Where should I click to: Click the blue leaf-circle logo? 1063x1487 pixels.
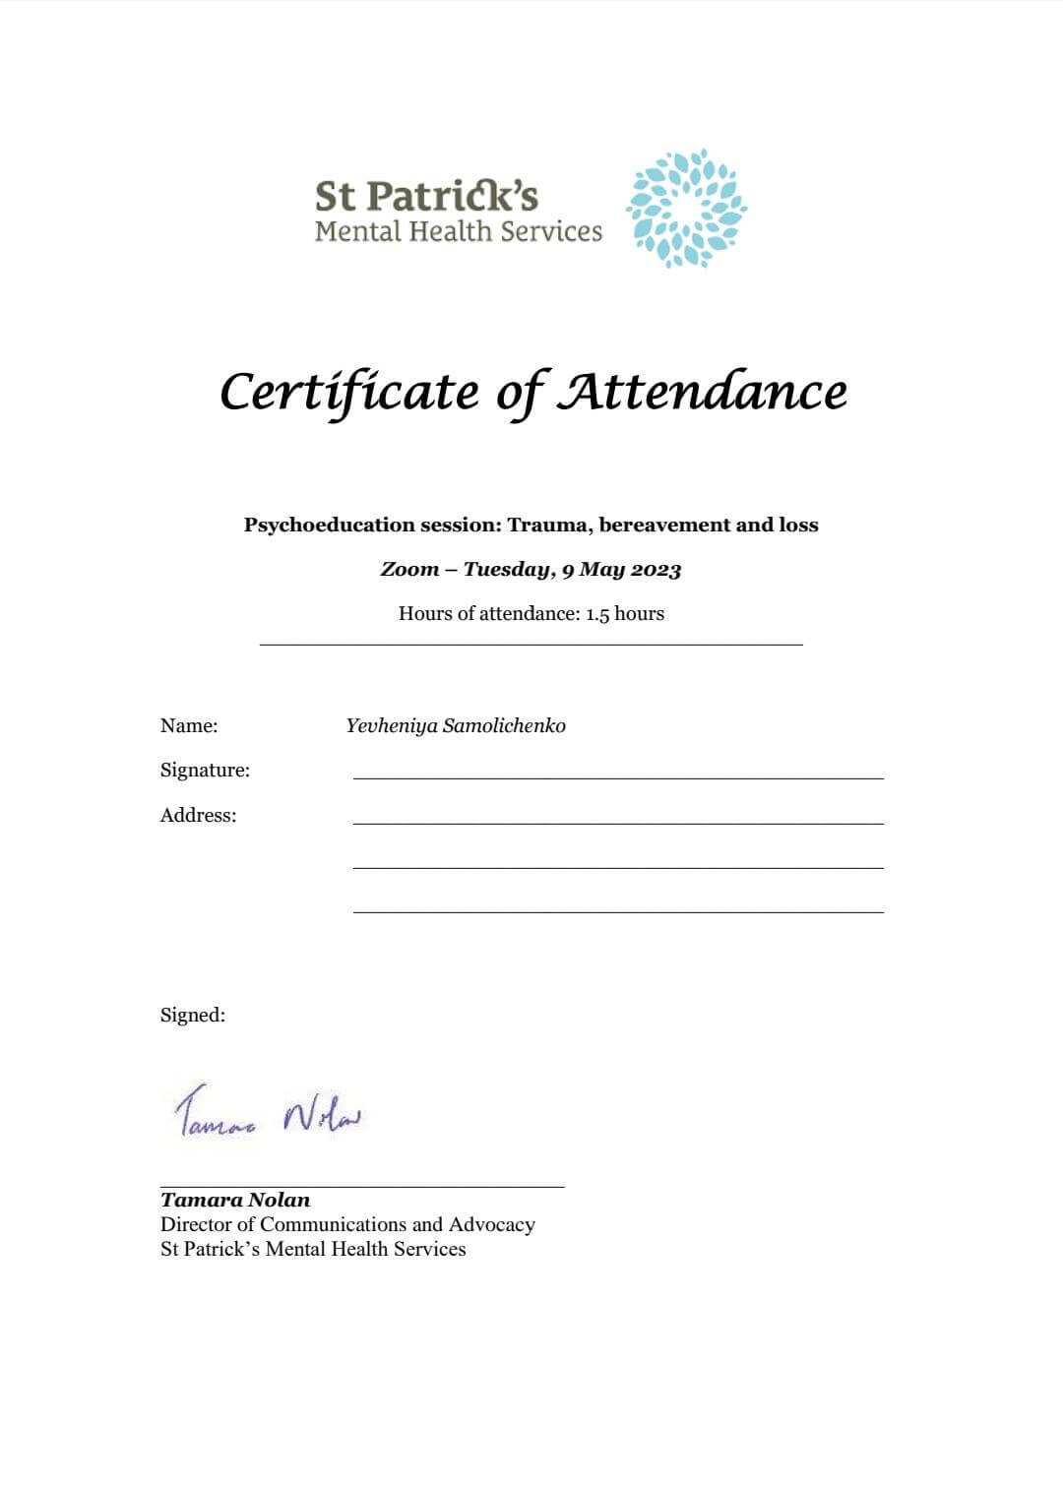pos(686,209)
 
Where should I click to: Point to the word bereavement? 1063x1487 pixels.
pos(664,525)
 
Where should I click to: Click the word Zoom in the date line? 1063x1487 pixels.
pos(409,569)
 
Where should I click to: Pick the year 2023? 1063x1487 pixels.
pos(656,569)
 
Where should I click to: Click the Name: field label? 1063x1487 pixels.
pos(189,726)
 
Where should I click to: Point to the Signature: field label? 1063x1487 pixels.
pos(205,771)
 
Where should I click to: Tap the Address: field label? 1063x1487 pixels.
pos(198,816)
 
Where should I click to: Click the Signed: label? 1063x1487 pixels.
pos(193,1016)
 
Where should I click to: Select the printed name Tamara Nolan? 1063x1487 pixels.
pos(235,1200)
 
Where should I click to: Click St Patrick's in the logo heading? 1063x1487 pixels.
pos(426,196)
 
